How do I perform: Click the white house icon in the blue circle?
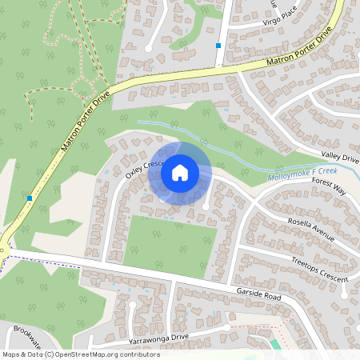click(x=180, y=173)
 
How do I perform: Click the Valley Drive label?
click(x=339, y=159)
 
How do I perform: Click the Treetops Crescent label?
click(x=320, y=271)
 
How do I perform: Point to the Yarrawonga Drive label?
click(x=153, y=338)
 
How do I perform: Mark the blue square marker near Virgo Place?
click(x=218, y=46)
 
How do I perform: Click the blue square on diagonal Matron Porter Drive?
click(x=29, y=198)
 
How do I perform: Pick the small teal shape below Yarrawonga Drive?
click(x=276, y=345)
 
